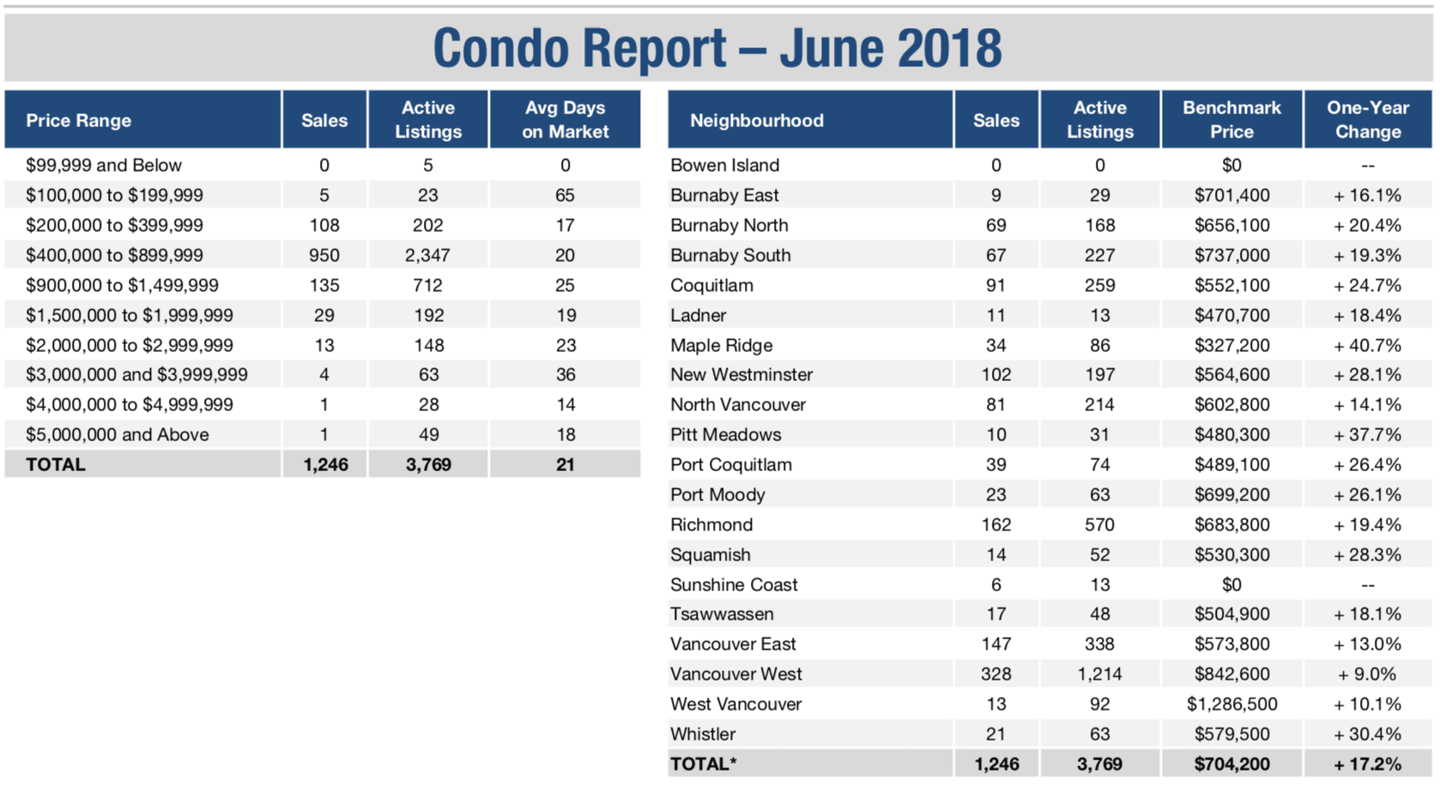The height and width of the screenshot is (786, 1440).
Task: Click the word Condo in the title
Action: pos(501,47)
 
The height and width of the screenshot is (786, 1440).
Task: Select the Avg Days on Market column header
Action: pos(565,119)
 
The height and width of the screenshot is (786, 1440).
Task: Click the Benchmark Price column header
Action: pos(1231,119)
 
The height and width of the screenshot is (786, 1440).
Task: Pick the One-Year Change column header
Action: pos(1368,119)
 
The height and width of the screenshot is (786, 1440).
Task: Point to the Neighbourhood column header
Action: pos(757,120)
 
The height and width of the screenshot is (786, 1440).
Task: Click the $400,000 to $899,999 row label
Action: pos(114,255)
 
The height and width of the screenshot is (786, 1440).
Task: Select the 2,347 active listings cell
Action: pos(427,255)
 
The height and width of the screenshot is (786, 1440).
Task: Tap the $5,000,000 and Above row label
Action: pos(117,434)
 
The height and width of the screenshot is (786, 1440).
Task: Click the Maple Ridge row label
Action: pos(721,345)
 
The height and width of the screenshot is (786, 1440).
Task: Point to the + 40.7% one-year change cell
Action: pos(1367,345)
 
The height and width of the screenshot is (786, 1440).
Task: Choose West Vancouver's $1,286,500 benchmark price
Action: pos(1231,704)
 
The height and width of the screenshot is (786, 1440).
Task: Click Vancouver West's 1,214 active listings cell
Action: pos(1099,674)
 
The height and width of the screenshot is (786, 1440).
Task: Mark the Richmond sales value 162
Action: pos(995,524)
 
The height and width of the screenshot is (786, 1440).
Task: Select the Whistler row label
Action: pos(703,734)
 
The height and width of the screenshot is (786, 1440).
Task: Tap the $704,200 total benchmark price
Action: pos(1231,765)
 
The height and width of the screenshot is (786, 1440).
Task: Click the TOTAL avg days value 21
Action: pos(565,465)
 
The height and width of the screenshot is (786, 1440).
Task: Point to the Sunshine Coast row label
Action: pos(734,584)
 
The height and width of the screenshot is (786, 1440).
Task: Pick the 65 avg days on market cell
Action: pos(565,196)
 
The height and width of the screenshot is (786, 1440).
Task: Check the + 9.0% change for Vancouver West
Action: pos(1367,674)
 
